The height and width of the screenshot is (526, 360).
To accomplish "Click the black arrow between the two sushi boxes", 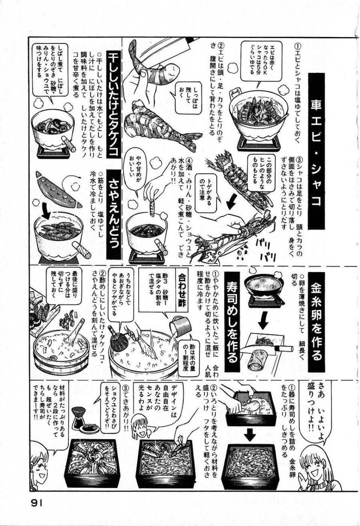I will point(250,434).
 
